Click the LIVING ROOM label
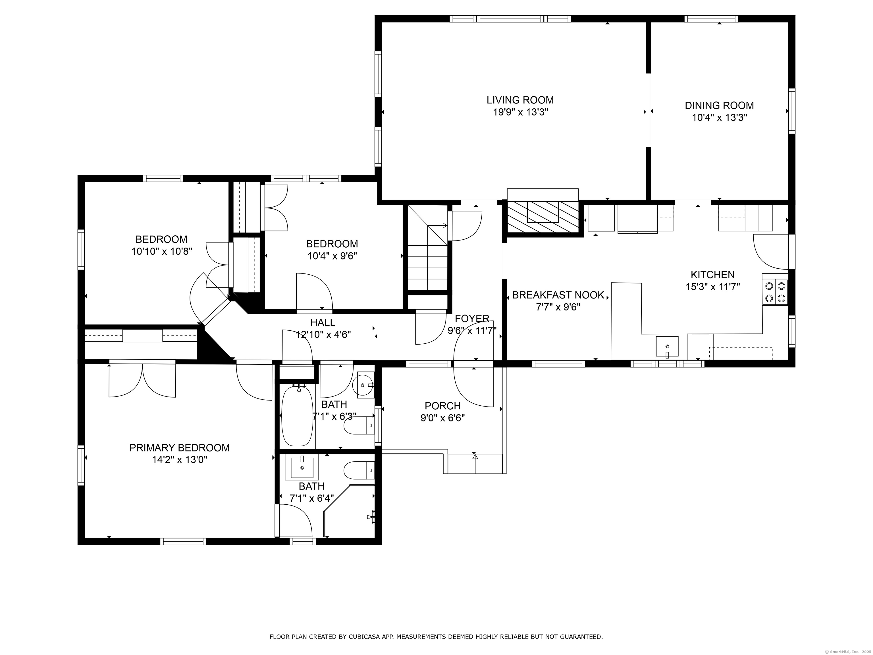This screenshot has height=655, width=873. [x=520, y=100]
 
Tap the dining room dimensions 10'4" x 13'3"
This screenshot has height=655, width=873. [x=719, y=118]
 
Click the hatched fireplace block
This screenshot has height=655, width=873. [x=543, y=217]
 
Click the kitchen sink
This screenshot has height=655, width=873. [x=667, y=346]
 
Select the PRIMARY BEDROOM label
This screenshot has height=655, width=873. [x=179, y=448]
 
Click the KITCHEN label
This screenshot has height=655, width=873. [x=712, y=274]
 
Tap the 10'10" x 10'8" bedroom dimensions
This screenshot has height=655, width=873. [x=161, y=252]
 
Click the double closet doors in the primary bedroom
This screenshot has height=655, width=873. [x=142, y=380]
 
